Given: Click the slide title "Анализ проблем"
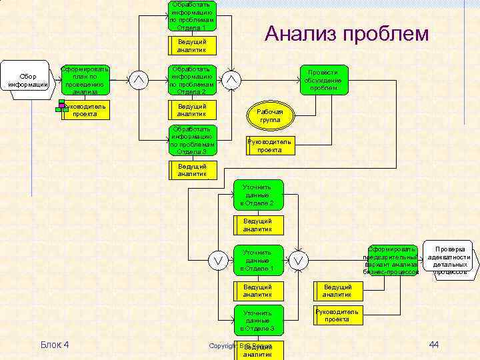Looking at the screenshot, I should [347, 33].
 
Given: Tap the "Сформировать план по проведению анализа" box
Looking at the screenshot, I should [85, 81].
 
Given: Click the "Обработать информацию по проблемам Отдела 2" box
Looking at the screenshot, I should [192, 80].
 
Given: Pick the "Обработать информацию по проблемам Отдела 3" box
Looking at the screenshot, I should [192, 140].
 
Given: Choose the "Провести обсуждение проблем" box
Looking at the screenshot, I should [323, 80].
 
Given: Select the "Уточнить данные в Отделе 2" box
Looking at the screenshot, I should [258, 195].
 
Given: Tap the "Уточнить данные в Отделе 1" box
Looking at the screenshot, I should [258, 260].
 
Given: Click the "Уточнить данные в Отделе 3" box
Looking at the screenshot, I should [258, 320].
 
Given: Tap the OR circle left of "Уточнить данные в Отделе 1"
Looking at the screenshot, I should [217, 260].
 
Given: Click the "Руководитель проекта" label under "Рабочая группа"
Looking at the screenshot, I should [269, 146].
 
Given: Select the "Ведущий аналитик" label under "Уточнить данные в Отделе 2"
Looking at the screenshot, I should [258, 225].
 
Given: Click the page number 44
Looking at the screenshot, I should [433, 344].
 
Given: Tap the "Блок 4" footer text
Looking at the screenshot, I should [55, 344].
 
